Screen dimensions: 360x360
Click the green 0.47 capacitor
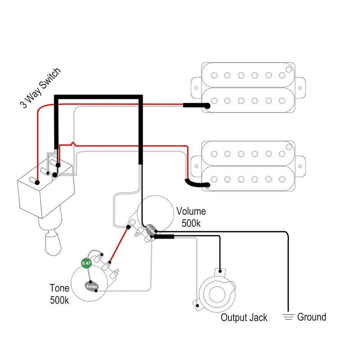pos(86,262)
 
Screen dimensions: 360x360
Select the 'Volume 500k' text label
pos(191,217)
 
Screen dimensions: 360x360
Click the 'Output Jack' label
pos(244,318)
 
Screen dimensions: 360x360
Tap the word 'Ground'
pos(311,317)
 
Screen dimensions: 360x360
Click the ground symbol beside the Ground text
pos(288,317)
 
